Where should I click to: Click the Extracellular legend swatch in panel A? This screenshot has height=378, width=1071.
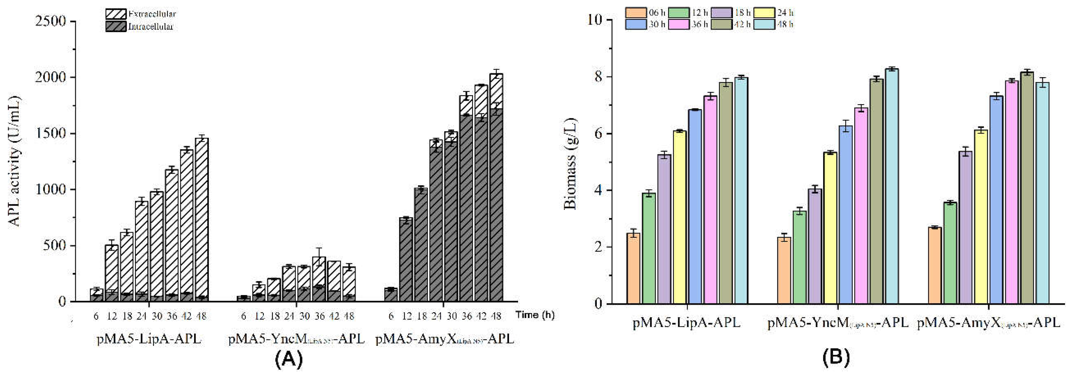click(116, 14)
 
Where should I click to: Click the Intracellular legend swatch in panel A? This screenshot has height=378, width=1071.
click(116, 27)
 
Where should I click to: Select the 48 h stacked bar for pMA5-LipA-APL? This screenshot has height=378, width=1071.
click(202, 220)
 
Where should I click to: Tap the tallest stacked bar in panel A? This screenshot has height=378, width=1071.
click(496, 187)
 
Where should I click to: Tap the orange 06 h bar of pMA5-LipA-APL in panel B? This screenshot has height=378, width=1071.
click(633, 268)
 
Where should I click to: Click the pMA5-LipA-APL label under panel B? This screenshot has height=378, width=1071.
click(686, 323)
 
